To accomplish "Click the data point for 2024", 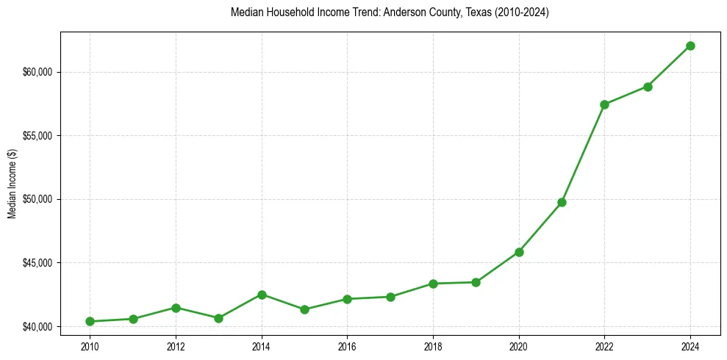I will point(690,46).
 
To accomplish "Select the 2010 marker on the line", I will point(90,321).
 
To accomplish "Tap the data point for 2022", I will point(604,104).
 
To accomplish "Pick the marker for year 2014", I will point(262,295).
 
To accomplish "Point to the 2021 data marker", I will point(562,202).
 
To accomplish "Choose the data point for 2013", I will point(218,318).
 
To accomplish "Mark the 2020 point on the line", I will point(519,252).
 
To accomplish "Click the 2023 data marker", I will point(648,87).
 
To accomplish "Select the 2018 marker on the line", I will point(433,284).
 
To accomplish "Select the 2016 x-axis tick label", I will point(347,346).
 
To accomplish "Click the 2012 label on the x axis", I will point(176,346).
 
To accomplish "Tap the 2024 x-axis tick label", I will point(690,346).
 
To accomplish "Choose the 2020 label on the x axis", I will point(519,346).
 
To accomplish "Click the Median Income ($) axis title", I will point(12,184).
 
